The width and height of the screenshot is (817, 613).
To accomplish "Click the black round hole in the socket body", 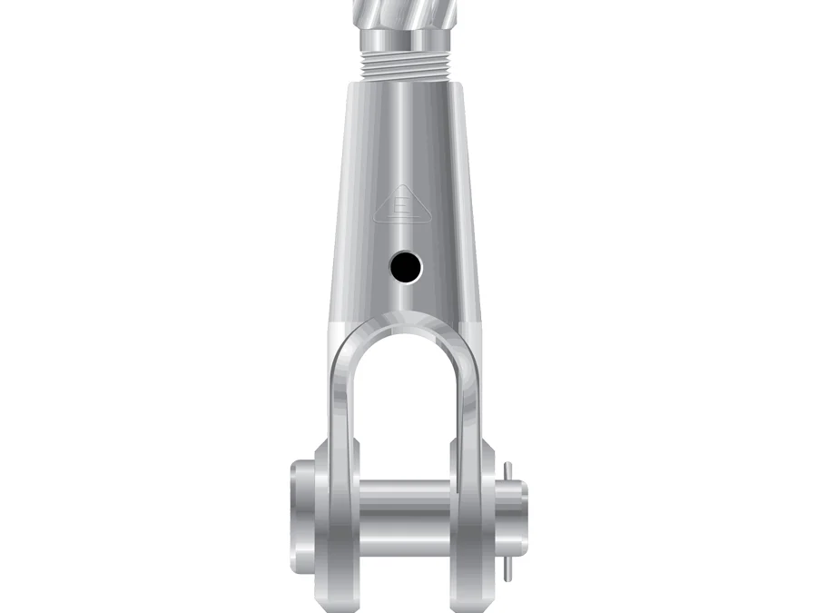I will coord(406,266).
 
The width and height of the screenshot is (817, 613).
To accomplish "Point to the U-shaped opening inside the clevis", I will coord(406,400).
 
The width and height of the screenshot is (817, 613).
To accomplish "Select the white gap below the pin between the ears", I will coord(406,572).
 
